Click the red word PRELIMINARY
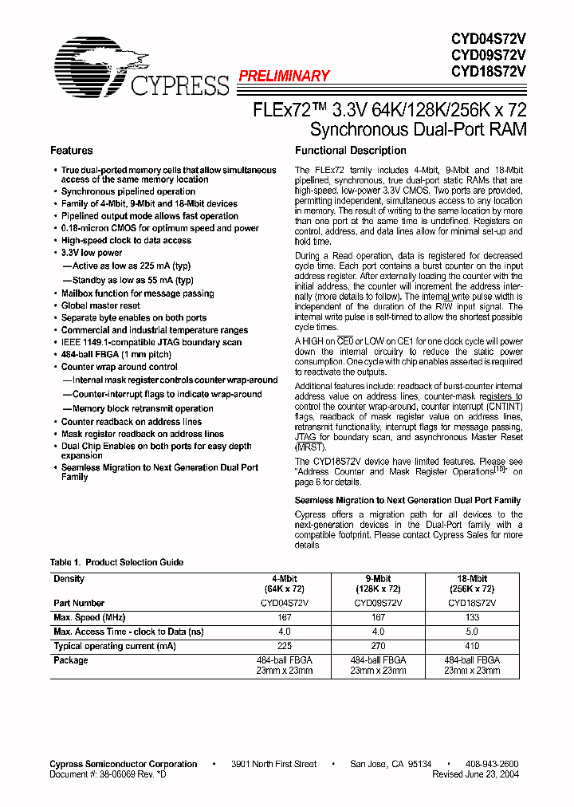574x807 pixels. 284,76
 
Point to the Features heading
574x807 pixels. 71,151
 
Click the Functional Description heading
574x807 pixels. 350,151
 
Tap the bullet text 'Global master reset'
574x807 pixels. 100,305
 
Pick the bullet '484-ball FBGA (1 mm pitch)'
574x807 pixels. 116,354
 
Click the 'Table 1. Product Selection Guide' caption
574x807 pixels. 116,562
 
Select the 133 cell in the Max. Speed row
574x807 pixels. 473,617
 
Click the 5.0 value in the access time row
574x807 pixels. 473,632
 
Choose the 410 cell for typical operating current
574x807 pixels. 473,646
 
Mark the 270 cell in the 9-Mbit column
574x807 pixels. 378,646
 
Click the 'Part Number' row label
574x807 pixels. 79,603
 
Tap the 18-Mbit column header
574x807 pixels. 473,579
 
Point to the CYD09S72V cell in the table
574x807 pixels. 378,603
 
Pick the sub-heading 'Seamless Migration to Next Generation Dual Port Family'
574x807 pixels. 407,500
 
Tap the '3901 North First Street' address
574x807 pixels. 273,764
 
